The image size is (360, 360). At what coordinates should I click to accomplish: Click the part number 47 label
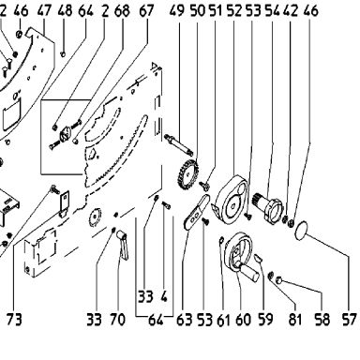44,11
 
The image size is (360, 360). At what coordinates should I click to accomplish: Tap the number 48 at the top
65,11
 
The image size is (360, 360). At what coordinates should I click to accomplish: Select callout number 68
122,11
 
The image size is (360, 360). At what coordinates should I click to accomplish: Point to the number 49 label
177,11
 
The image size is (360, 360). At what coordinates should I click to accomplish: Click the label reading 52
234,11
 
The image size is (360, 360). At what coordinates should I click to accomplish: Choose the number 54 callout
273,11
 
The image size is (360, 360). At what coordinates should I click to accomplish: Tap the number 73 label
14,320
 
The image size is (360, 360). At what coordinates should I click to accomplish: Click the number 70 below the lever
117,320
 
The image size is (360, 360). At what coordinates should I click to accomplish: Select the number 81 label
295,320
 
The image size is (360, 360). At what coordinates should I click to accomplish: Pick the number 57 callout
349,320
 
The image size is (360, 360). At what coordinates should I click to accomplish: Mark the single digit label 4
164,296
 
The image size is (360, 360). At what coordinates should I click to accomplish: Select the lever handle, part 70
123,245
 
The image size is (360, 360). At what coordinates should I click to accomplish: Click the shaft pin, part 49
178,143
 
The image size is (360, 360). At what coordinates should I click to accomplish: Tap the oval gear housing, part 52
232,200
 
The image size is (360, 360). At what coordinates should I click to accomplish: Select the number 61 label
223,320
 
